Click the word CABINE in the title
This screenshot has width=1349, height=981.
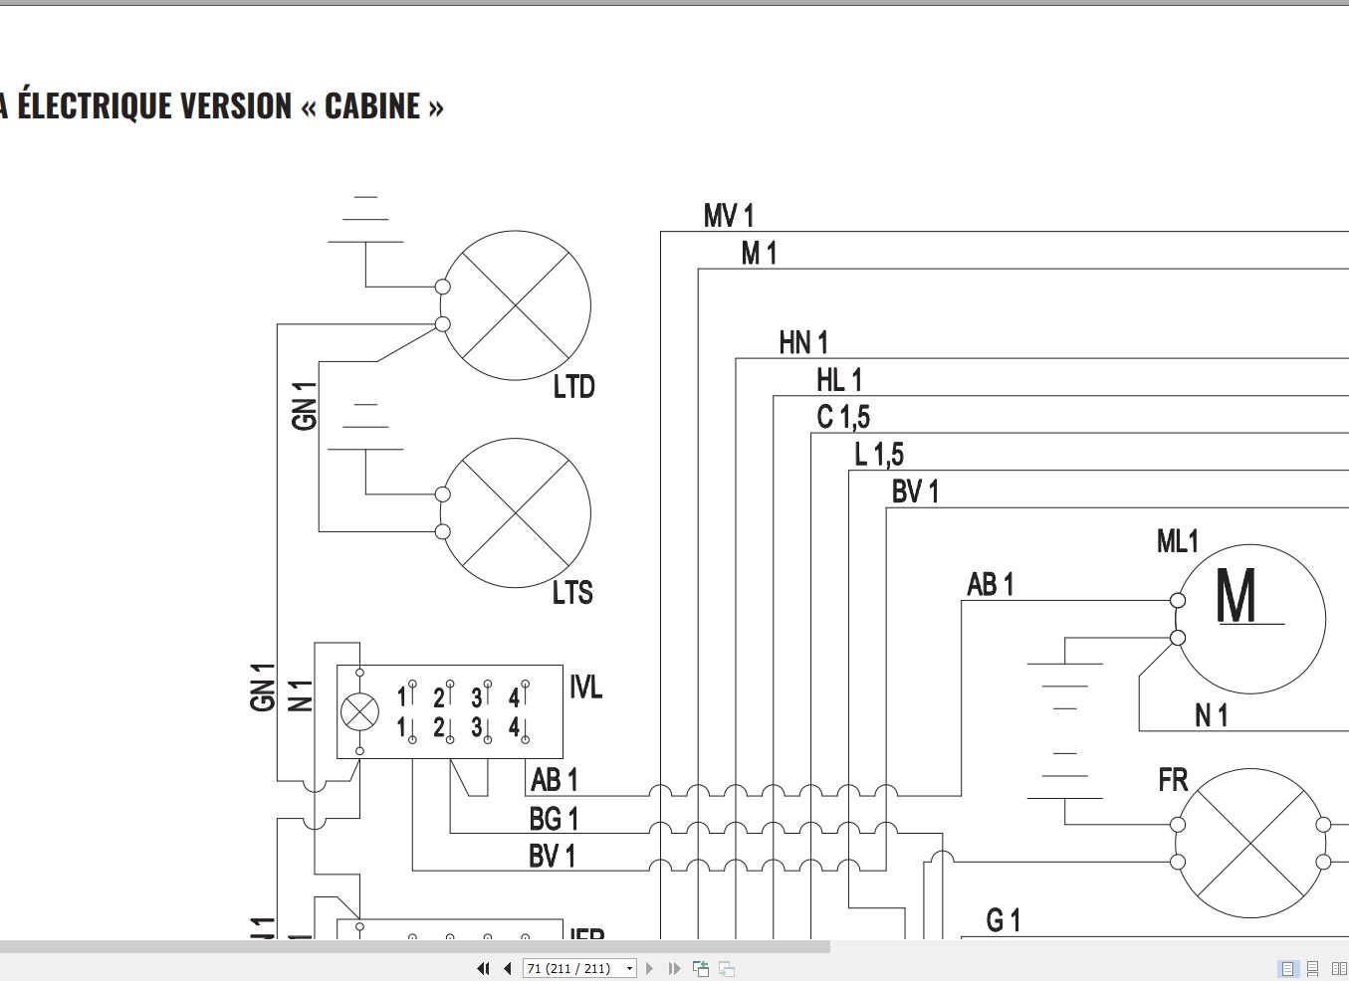pyautogui.click(x=372, y=105)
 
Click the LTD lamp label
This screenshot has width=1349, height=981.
pyautogui.click(x=573, y=387)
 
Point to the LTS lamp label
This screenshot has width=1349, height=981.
pyautogui.click(x=572, y=593)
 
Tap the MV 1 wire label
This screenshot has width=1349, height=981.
pyautogui.click(x=729, y=216)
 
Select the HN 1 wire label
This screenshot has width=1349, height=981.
pyautogui.click(x=803, y=343)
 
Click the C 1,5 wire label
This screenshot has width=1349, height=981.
pyautogui.click(x=843, y=418)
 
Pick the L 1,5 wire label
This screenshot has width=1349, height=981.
pyautogui.click(x=879, y=456)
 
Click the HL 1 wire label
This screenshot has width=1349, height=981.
pyautogui.click(x=839, y=380)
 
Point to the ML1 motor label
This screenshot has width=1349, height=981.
pyautogui.click(x=1178, y=542)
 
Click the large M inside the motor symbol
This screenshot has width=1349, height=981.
pyautogui.click(x=1237, y=599)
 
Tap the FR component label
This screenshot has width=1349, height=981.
pyautogui.click(x=1173, y=780)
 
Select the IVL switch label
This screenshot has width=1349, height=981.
pyautogui.click(x=585, y=687)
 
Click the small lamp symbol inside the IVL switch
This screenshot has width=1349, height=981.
pyautogui.click(x=359, y=712)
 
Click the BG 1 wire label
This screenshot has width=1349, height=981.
pyautogui.click(x=554, y=819)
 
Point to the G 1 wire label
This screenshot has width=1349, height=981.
pyautogui.click(x=1003, y=921)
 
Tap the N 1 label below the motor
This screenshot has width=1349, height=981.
pyautogui.click(x=1212, y=715)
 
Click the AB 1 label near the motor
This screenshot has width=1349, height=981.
pyautogui.click(x=991, y=585)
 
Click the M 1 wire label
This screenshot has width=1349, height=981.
pyautogui.click(x=759, y=254)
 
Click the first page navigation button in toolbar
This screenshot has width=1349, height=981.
pyautogui.click(x=483, y=968)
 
